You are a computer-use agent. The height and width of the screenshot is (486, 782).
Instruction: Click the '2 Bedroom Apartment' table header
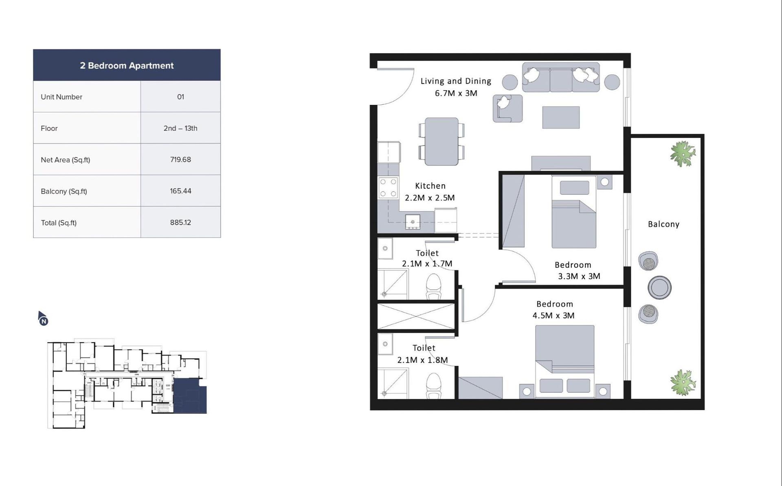click(x=127, y=65)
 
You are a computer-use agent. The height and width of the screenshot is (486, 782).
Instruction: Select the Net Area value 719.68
click(x=180, y=159)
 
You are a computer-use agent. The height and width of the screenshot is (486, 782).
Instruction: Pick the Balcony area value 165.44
click(x=180, y=191)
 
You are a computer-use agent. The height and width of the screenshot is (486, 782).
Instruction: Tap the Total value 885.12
click(x=180, y=222)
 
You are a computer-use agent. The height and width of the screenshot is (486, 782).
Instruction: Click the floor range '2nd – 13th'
click(x=180, y=128)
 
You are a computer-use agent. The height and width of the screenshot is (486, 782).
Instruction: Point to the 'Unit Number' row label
click(x=62, y=97)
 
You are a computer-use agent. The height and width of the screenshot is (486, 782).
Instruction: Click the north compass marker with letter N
click(x=43, y=318)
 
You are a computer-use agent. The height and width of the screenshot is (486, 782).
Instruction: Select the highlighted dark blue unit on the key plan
click(x=190, y=396)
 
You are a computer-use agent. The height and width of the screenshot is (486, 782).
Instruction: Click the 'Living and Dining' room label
click(x=456, y=81)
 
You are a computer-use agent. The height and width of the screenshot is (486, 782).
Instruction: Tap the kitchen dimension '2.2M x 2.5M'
click(x=430, y=198)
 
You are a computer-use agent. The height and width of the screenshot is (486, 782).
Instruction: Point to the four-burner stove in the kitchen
click(x=388, y=188)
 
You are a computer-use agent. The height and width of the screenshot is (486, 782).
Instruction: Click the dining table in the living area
click(x=442, y=141)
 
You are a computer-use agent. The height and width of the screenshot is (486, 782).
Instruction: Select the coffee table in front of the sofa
click(x=561, y=117)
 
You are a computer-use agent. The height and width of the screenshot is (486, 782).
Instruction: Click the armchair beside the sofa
click(x=507, y=108)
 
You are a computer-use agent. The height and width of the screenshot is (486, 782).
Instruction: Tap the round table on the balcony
click(x=659, y=287)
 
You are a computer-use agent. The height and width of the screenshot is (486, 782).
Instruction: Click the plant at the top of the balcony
click(x=683, y=154)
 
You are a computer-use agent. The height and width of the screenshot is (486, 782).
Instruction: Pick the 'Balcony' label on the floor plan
click(x=663, y=224)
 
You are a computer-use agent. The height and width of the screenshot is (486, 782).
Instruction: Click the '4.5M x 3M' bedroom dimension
click(x=554, y=315)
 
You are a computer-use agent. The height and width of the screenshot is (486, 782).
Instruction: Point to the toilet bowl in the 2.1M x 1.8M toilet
click(x=433, y=386)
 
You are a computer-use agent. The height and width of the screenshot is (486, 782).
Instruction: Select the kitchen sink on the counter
click(x=413, y=222)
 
